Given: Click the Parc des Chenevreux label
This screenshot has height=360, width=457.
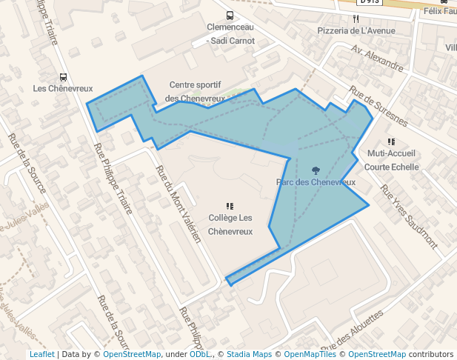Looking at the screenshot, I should (x=316, y=181).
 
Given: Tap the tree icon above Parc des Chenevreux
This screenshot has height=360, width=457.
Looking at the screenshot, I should (x=316, y=170).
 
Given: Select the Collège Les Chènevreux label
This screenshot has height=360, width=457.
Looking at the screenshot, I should (x=230, y=224).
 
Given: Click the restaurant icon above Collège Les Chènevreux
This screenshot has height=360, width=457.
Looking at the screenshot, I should (x=230, y=206).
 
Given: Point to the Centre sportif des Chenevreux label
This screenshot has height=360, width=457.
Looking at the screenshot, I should (x=195, y=92).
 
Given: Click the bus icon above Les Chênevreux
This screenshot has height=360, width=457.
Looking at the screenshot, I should (x=63, y=76).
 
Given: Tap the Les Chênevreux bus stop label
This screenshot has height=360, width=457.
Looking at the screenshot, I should (x=63, y=88).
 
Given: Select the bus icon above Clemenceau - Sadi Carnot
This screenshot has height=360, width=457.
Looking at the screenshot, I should (x=230, y=16).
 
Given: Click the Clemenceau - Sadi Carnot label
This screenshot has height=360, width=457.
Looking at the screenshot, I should (x=230, y=33).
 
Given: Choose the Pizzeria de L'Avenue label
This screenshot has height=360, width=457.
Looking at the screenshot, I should (x=356, y=30).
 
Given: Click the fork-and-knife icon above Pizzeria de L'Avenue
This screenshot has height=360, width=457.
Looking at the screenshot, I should (x=356, y=19).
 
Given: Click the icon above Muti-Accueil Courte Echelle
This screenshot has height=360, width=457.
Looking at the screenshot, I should (x=391, y=141).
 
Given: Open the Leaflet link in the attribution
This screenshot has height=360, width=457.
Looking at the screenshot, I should (x=41, y=354).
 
